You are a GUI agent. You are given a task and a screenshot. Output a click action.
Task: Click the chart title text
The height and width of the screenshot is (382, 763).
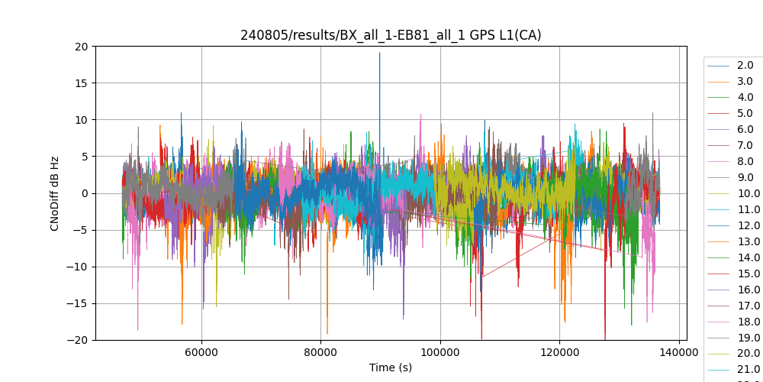point(391,35)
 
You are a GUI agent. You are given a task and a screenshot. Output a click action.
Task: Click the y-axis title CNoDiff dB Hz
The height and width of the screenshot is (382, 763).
point(55,193)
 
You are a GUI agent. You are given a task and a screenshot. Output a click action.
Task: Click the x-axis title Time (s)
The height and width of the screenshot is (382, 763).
point(391,367)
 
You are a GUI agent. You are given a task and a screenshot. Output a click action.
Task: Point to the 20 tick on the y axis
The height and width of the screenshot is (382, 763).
point(81,47)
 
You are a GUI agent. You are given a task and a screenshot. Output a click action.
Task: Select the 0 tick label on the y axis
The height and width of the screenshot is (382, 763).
point(84,193)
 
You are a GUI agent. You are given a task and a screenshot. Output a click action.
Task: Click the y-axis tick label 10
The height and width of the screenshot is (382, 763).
point(81,120)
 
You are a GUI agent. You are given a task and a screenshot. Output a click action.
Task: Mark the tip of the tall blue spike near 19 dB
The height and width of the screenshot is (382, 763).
point(379,53)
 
